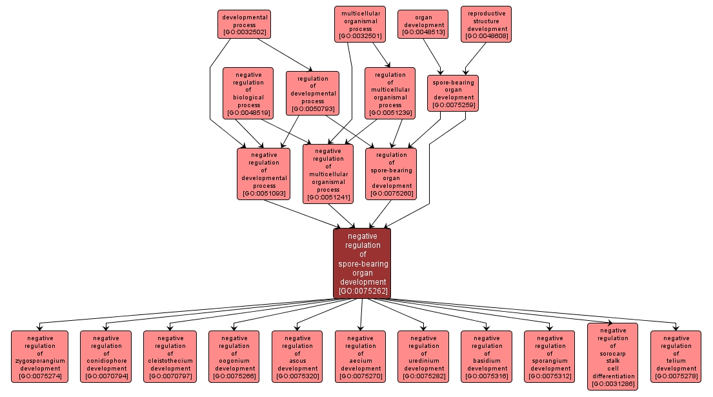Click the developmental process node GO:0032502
tap(244, 25)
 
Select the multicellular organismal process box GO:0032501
tap(360, 25)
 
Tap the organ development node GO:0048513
tap(423, 25)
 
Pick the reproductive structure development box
tap(487, 25)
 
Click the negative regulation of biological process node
tap(248, 94)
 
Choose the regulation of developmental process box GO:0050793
tap(312, 94)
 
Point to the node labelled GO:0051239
tap(390, 94)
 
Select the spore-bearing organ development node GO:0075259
tap(453, 94)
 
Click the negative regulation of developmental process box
tap(263, 174)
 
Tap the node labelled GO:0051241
tap(328, 174)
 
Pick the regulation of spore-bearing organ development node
tap(391, 174)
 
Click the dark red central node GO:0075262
tap(362, 263)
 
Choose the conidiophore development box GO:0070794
tap(106, 356)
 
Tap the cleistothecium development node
tap(170, 356)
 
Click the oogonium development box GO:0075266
tap(234, 356)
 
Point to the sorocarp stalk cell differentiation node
tap(612, 356)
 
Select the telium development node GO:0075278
tap(676, 356)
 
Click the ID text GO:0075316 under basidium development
tap(486, 376)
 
